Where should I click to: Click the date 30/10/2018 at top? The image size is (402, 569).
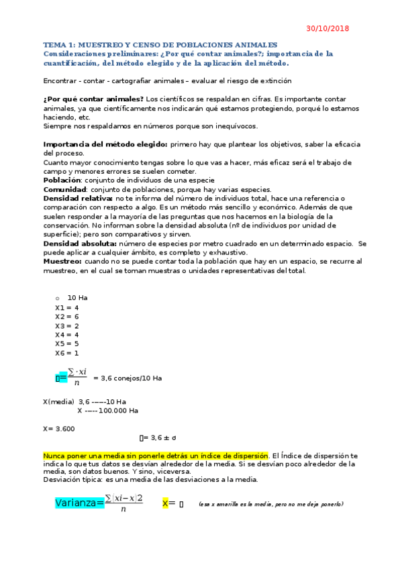click(x=328, y=29)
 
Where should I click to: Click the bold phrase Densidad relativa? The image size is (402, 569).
click(x=78, y=198)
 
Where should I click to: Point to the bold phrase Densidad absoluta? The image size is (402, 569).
click(x=80, y=244)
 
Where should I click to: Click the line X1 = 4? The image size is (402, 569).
click(x=67, y=307)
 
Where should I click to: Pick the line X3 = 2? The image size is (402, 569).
click(x=67, y=325)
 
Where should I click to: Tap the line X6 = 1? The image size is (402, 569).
click(x=67, y=352)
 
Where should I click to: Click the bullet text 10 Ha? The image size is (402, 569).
click(x=77, y=297)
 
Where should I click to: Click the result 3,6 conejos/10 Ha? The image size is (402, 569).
click(x=128, y=378)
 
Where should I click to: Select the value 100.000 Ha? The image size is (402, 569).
click(x=118, y=410)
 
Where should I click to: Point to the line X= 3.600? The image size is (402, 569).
click(x=59, y=428)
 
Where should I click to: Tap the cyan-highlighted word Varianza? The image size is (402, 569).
click(x=75, y=503)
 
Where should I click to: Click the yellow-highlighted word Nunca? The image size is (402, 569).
click(x=54, y=456)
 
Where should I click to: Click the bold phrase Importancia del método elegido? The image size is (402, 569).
click(x=105, y=144)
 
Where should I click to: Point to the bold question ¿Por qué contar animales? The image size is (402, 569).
click(x=93, y=99)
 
